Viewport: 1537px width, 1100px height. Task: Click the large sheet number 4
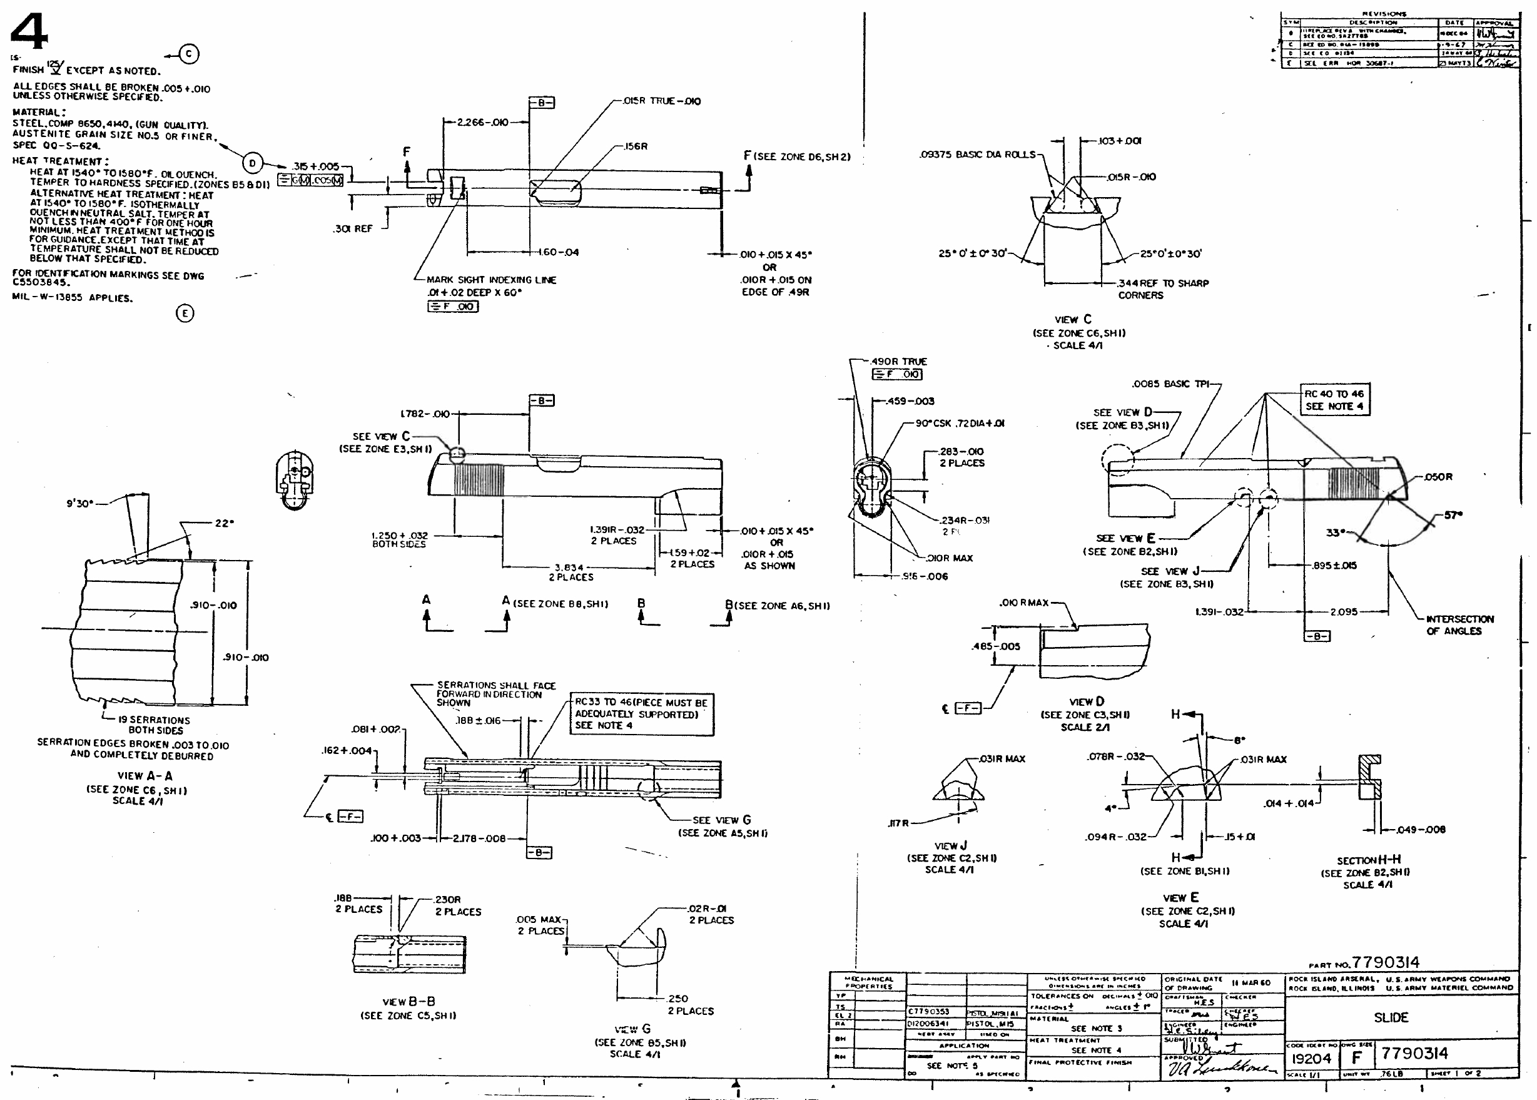click(x=30, y=31)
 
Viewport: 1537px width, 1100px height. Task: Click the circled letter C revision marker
click(x=190, y=54)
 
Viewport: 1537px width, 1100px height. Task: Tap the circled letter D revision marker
click(x=253, y=163)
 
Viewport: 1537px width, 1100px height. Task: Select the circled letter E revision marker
click(x=185, y=313)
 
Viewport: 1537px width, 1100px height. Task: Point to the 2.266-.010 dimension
click(x=482, y=123)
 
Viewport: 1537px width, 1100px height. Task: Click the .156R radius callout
click(x=635, y=146)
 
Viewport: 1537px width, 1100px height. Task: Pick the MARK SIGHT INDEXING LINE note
click(x=491, y=280)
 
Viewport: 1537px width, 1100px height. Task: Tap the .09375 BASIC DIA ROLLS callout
click(x=977, y=155)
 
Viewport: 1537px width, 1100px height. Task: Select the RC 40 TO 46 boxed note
click(x=1334, y=400)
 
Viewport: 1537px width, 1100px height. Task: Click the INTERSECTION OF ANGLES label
click(x=1459, y=624)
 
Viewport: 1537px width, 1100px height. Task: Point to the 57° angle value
click(x=1453, y=516)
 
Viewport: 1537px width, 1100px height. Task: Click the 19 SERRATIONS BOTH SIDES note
click(x=155, y=725)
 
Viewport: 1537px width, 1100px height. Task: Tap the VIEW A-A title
click(x=145, y=775)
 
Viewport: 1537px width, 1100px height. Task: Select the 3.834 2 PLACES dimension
click(x=570, y=573)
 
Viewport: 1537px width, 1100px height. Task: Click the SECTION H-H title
click(x=1368, y=860)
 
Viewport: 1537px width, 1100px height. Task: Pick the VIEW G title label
click(x=633, y=1029)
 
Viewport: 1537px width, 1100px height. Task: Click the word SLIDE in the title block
click(x=1391, y=1017)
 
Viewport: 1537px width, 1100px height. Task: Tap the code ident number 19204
click(x=1311, y=1059)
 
